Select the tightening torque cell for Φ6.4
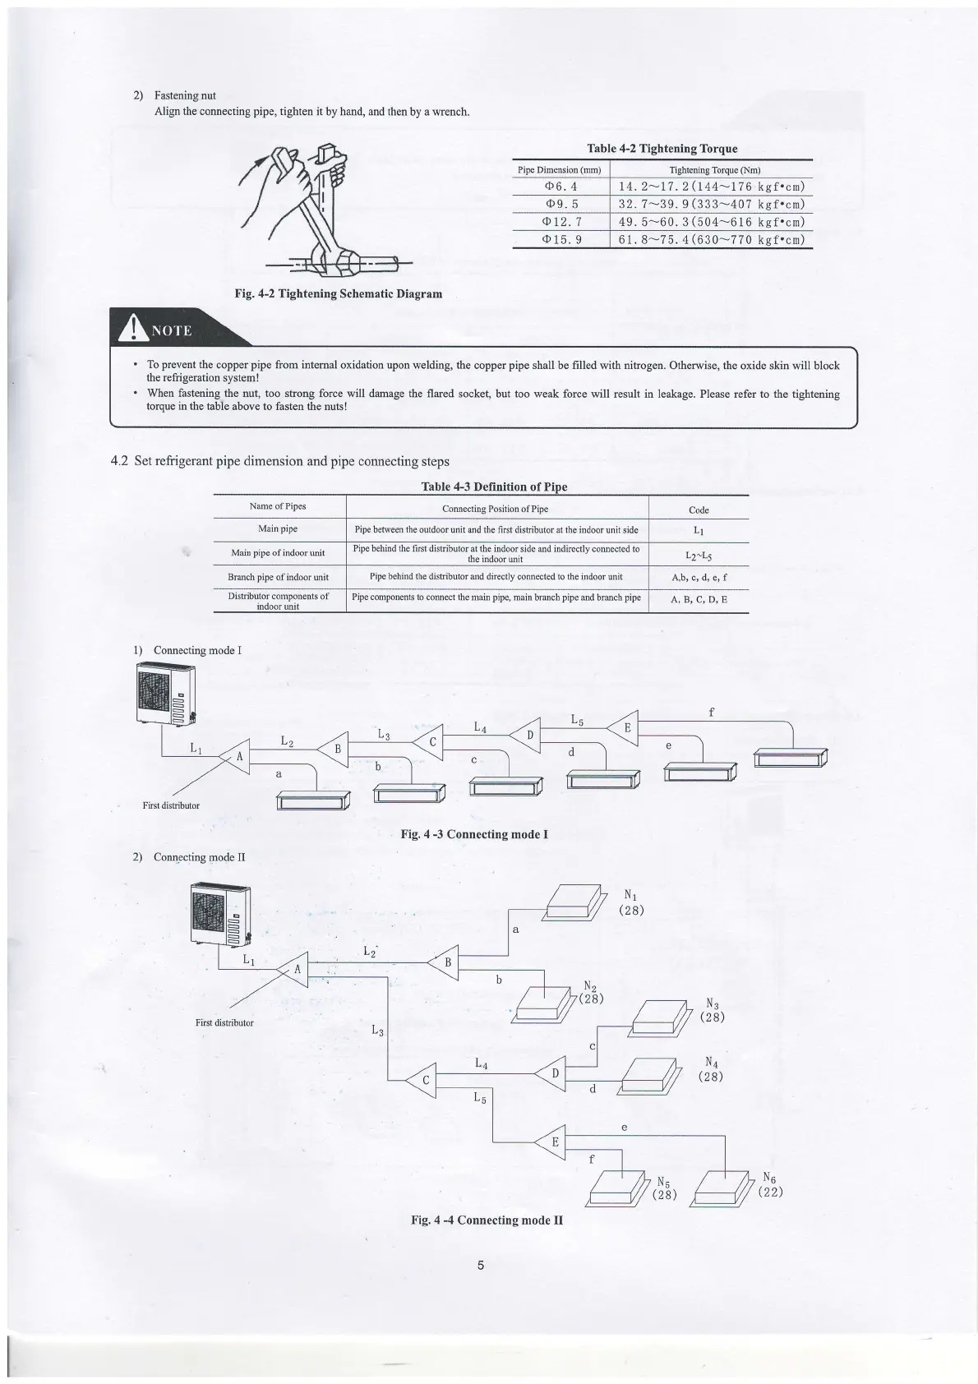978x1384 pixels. click(710, 187)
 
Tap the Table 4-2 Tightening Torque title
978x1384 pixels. click(662, 149)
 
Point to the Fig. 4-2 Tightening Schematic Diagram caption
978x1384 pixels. click(338, 293)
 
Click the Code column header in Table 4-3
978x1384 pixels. click(699, 510)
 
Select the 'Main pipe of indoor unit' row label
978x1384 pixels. click(278, 553)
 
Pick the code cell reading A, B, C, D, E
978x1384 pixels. click(699, 600)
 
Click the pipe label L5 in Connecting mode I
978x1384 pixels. click(577, 720)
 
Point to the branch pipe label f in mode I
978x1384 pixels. click(711, 713)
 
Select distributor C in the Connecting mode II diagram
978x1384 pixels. click(425, 1080)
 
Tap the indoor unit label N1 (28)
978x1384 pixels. click(631, 902)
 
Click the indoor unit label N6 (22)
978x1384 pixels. click(770, 1183)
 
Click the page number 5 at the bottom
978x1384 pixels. click(481, 1265)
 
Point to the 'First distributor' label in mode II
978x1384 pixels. click(224, 1022)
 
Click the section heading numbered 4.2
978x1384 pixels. click(279, 461)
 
